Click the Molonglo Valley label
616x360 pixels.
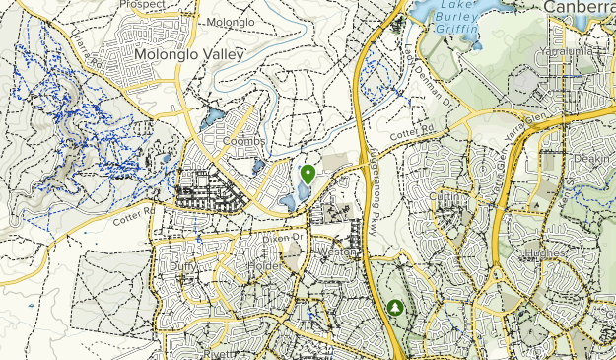(188, 55)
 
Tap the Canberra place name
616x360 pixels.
(579, 6)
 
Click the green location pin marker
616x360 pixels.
(308, 175)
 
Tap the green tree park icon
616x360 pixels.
(396, 309)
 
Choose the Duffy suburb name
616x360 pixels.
(183, 265)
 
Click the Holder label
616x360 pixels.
(264, 265)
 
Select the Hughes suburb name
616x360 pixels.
(546, 253)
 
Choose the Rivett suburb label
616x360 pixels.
(219, 353)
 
